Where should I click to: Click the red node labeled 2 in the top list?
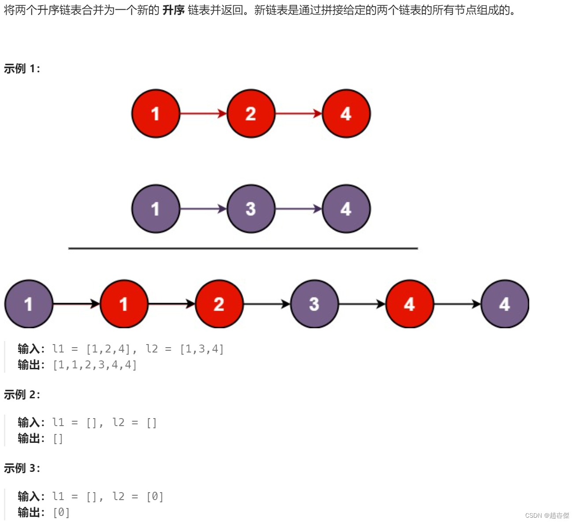(x=251, y=114)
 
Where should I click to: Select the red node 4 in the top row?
(x=346, y=114)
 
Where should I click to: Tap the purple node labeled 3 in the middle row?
(x=251, y=209)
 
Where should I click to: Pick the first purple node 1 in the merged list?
(x=29, y=304)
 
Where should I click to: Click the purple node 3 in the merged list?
(x=314, y=304)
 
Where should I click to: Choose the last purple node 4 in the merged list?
(x=505, y=304)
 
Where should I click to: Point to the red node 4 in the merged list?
(x=409, y=304)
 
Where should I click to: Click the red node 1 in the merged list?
(x=124, y=304)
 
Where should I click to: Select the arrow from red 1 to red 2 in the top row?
(x=203, y=114)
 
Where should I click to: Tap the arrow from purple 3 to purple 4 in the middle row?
(x=299, y=209)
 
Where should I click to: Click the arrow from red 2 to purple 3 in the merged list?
(x=267, y=304)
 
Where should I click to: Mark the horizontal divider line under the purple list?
(x=243, y=249)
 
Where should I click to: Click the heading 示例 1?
(x=22, y=69)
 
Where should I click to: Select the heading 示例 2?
(x=22, y=394)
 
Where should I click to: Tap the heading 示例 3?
(x=22, y=468)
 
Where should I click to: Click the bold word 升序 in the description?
(x=173, y=10)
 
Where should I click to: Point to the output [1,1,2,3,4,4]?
(x=95, y=365)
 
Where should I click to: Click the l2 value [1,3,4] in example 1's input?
(x=202, y=349)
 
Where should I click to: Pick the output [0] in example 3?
(x=61, y=512)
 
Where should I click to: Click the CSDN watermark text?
(x=547, y=516)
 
